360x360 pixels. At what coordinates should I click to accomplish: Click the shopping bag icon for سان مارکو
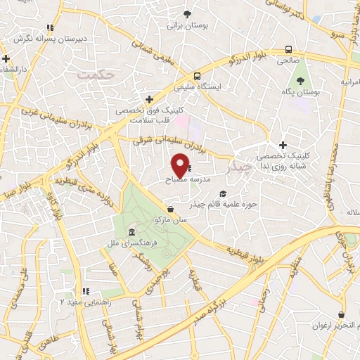(x=171, y=209)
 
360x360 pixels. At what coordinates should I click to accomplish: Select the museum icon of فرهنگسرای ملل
(x=131, y=233)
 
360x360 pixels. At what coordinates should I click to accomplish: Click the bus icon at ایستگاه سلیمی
(x=198, y=76)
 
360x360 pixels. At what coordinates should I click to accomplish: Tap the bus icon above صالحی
(x=288, y=49)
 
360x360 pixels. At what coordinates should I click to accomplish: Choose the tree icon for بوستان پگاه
(x=302, y=82)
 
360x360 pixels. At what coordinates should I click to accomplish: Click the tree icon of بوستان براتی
(x=187, y=14)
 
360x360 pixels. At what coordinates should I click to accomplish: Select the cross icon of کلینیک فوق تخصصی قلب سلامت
(x=148, y=100)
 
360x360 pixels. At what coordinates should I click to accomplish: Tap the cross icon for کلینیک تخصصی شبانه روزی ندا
(x=282, y=145)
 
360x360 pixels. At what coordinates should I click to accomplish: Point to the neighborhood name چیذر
(x=239, y=169)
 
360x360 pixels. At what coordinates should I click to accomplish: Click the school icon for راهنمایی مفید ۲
(x=85, y=291)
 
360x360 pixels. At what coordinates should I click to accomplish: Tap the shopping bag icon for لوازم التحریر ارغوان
(x=342, y=314)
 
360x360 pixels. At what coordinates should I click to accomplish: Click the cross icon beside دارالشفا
(x=6, y=58)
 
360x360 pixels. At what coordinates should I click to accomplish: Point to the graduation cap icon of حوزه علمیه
(x=224, y=193)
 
